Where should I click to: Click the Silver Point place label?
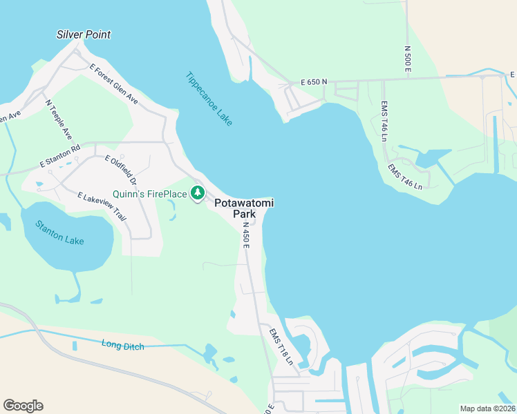[84, 34]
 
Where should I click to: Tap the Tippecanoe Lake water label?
[209, 99]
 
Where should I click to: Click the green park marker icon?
[198, 193]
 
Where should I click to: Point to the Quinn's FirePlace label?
[150, 194]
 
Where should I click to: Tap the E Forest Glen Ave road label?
[114, 85]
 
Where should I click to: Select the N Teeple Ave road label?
[59, 119]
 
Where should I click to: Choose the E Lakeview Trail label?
[102, 206]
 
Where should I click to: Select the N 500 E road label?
[408, 60]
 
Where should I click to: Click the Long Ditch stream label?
[122, 345]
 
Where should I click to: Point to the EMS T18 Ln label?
[281, 346]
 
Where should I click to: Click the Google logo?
[23, 406]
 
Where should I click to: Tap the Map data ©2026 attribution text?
[487, 408]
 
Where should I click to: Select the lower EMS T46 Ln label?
[404, 177]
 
